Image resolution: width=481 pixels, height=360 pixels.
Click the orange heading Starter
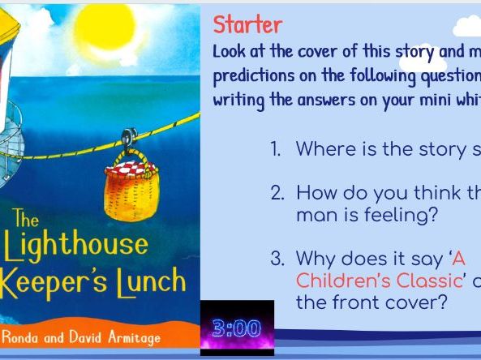click(x=247, y=24)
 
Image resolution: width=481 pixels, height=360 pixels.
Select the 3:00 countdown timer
click(x=237, y=329)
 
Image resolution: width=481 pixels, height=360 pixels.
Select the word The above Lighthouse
click(x=24, y=219)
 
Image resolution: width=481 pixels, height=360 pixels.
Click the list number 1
click(x=276, y=149)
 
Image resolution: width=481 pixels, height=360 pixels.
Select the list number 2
click(x=277, y=193)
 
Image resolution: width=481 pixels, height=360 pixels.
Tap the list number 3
click(x=277, y=259)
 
